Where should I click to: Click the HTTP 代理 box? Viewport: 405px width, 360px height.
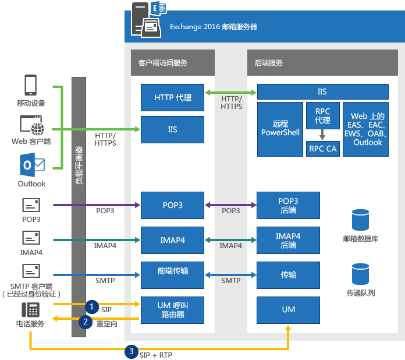pyautogui.click(x=172, y=97)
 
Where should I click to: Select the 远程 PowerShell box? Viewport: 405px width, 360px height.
pyautogui.click(x=280, y=129)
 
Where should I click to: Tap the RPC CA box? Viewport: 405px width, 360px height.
pyautogui.click(x=322, y=149)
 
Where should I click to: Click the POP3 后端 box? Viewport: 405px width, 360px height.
pyautogui.click(x=289, y=205)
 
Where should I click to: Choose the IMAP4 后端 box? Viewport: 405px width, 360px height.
pyautogui.click(x=289, y=240)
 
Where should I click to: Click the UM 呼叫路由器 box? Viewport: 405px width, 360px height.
pyautogui.click(x=172, y=309)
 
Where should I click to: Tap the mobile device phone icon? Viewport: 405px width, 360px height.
pyautogui.click(x=31, y=85)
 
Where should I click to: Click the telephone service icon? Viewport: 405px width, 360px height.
pyautogui.click(x=31, y=309)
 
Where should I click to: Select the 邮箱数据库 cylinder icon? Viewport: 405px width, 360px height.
pyautogui.click(x=360, y=220)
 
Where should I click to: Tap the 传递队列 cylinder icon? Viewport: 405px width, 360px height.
pyautogui.click(x=360, y=274)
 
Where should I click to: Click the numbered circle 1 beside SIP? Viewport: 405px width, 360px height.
pyautogui.click(x=91, y=305)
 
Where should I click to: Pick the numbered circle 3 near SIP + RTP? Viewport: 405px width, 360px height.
pyautogui.click(x=132, y=351)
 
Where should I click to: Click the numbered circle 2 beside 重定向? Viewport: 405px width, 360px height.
pyautogui.click(x=86, y=321)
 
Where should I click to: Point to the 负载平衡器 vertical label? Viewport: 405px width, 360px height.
pyautogui.click(x=79, y=165)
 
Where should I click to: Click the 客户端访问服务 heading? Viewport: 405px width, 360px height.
pyautogui.click(x=163, y=62)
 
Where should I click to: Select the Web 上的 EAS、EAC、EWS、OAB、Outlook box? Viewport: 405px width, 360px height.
pyautogui.click(x=365, y=129)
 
